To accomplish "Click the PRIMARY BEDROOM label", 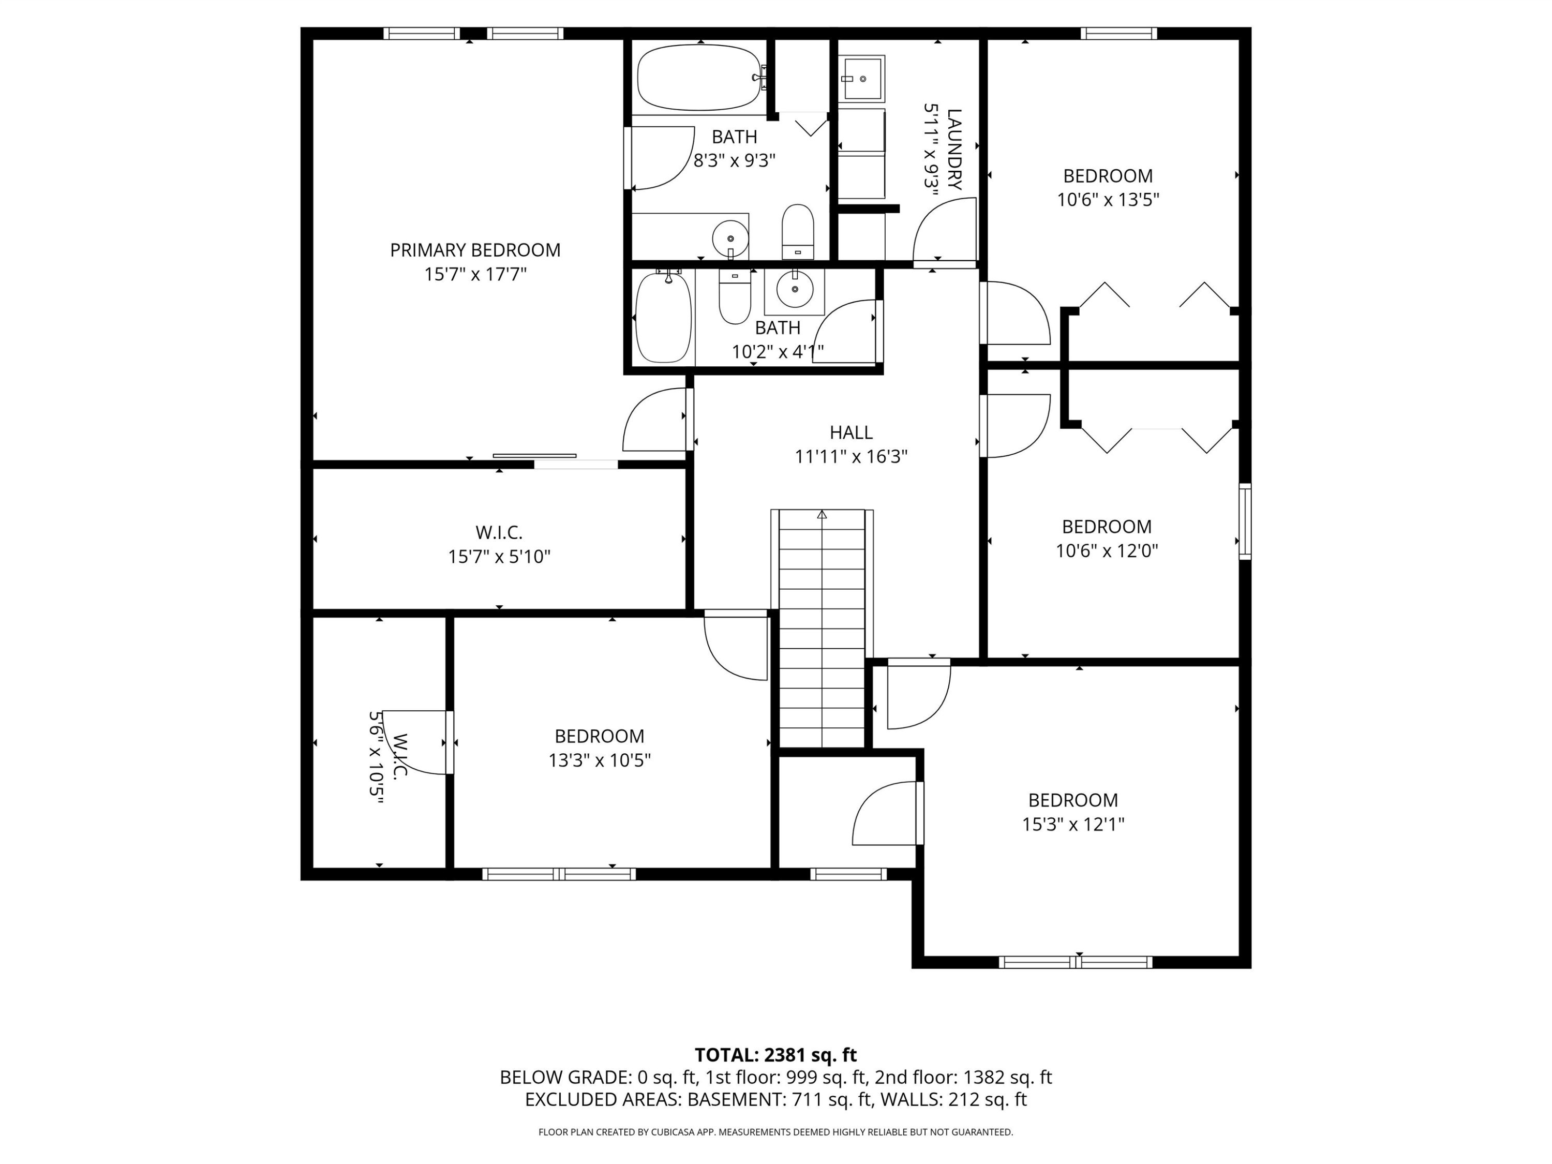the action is point(475,250).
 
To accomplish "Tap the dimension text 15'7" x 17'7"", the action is point(475,274).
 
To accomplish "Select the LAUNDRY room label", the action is point(953,150).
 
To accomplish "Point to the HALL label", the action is point(851,432).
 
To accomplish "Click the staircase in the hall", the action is point(822,628).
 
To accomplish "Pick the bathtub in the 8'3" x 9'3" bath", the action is point(699,77).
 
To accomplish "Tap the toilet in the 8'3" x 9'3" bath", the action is point(798,232).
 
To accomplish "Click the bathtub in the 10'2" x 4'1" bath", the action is point(663,318).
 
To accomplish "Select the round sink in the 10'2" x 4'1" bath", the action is point(794,288).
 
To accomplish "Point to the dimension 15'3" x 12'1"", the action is point(1073,824).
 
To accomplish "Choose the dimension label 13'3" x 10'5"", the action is point(599,760).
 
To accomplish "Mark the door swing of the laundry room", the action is point(944,230).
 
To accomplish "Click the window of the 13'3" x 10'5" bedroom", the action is point(559,874).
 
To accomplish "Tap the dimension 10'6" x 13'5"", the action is point(1108,199).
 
